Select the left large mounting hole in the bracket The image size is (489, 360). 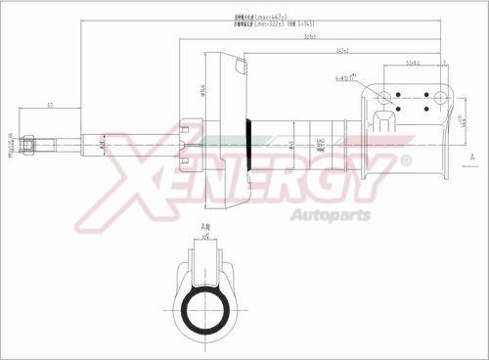click(x=384, y=97)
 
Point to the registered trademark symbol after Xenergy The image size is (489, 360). click(x=407, y=159)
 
